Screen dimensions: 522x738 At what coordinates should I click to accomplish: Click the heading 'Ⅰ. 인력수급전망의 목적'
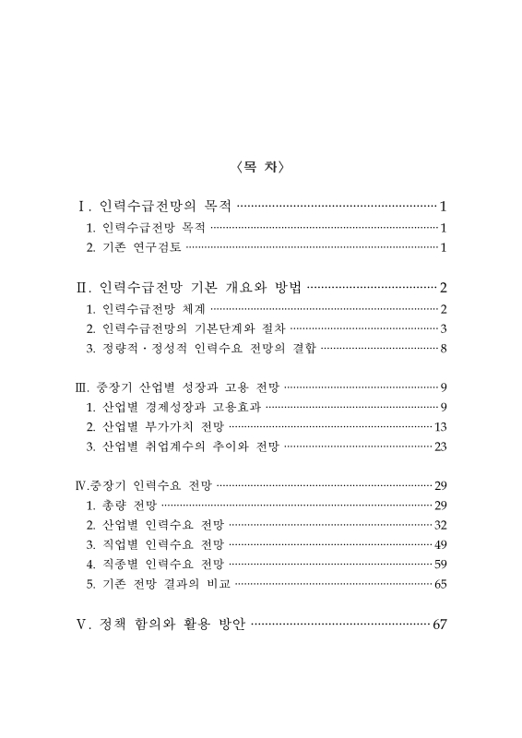tap(157, 206)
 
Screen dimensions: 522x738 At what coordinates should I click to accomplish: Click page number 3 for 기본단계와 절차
tap(444, 328)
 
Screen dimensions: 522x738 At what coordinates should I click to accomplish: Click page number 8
tap(444, 348)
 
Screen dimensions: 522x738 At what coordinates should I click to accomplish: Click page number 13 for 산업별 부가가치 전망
tap(440, 426)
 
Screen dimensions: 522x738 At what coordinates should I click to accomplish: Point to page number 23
tap(440, 446)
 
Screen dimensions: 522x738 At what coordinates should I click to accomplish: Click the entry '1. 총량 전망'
tap(121, 505)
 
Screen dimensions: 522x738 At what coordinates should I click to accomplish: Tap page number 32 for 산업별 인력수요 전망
tap(440, 525)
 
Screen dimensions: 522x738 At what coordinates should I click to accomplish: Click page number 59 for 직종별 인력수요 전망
tap(440, 564)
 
